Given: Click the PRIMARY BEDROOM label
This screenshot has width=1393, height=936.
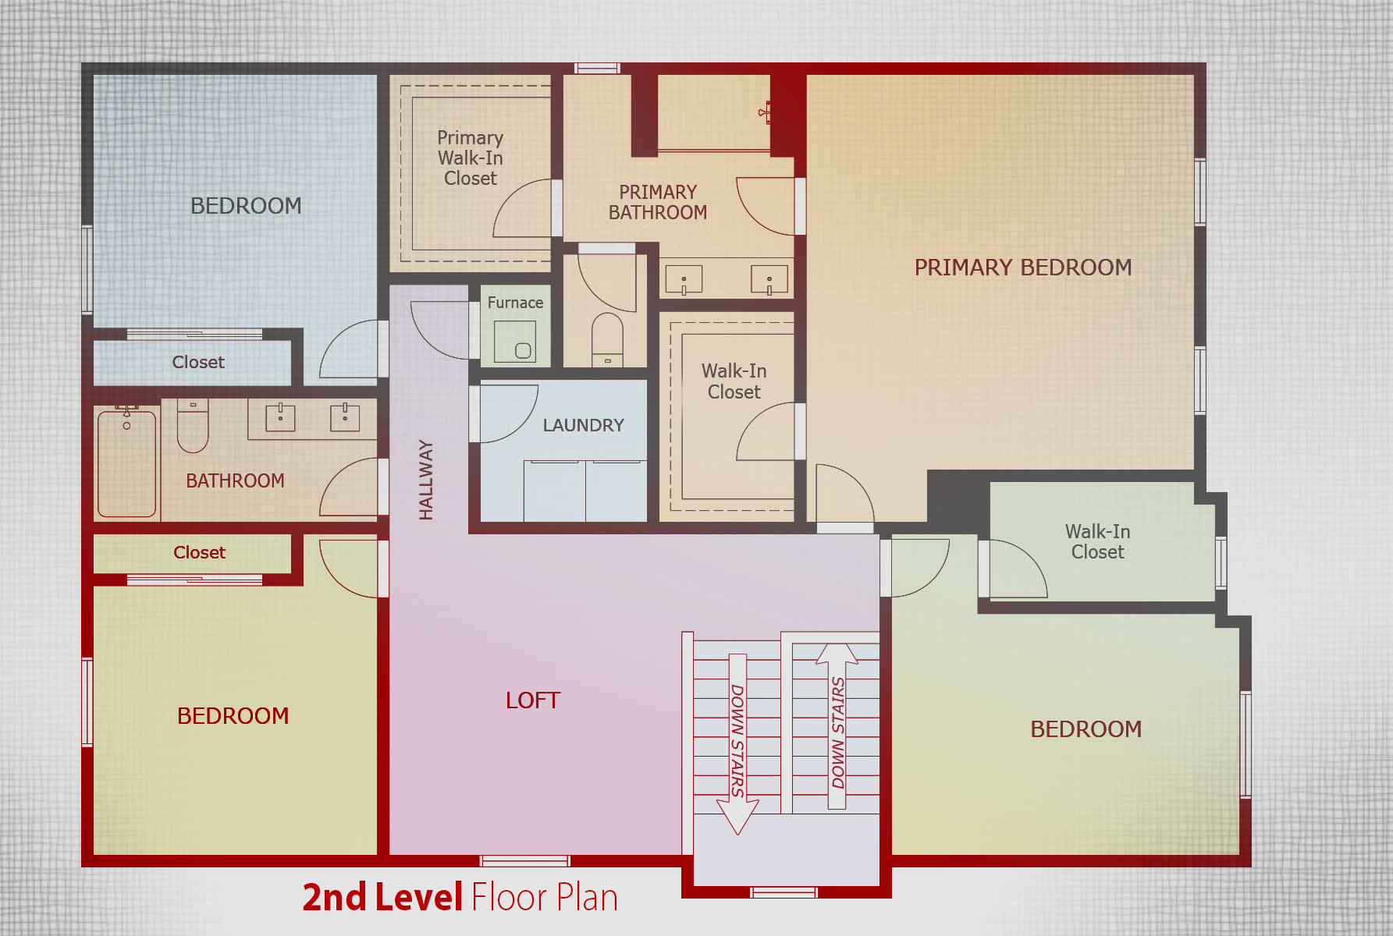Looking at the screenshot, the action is [x=1022, y=268].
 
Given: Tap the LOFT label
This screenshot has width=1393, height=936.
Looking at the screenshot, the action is [x=533, y=700].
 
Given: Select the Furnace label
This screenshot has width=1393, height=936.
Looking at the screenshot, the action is [x=515, y=303].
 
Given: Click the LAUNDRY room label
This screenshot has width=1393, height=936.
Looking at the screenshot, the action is [x=583, y=425].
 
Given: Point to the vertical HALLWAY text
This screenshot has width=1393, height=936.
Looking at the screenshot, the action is [x=425, y=480].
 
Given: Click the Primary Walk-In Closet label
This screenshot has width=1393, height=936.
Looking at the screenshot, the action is [x=470, y=158].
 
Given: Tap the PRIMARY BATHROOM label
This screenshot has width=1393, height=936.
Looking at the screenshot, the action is [x=658, y=202].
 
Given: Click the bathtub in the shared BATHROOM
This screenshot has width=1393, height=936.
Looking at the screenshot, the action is [x=126, y=463].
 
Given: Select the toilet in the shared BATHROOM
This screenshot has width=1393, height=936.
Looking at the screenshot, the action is [x=193, y=426].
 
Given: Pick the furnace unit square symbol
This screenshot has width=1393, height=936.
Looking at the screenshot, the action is [x=515, y=342].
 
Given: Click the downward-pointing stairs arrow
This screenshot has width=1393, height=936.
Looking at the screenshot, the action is [x=737, y=744].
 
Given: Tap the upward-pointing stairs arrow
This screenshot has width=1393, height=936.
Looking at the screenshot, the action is [x=837, y=726].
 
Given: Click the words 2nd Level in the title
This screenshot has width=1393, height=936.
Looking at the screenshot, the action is [x=383, y=897].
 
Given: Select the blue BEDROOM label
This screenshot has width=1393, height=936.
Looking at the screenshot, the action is [x=246, y=206].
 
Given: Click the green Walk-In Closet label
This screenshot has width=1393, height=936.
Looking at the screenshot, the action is [x=1097, y=541].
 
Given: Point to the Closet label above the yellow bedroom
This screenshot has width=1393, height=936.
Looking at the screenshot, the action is [x=199, y=552].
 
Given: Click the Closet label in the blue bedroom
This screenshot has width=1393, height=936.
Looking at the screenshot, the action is [x=198, y=362].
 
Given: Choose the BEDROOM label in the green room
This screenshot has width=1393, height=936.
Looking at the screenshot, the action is [x=1086, y=729].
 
